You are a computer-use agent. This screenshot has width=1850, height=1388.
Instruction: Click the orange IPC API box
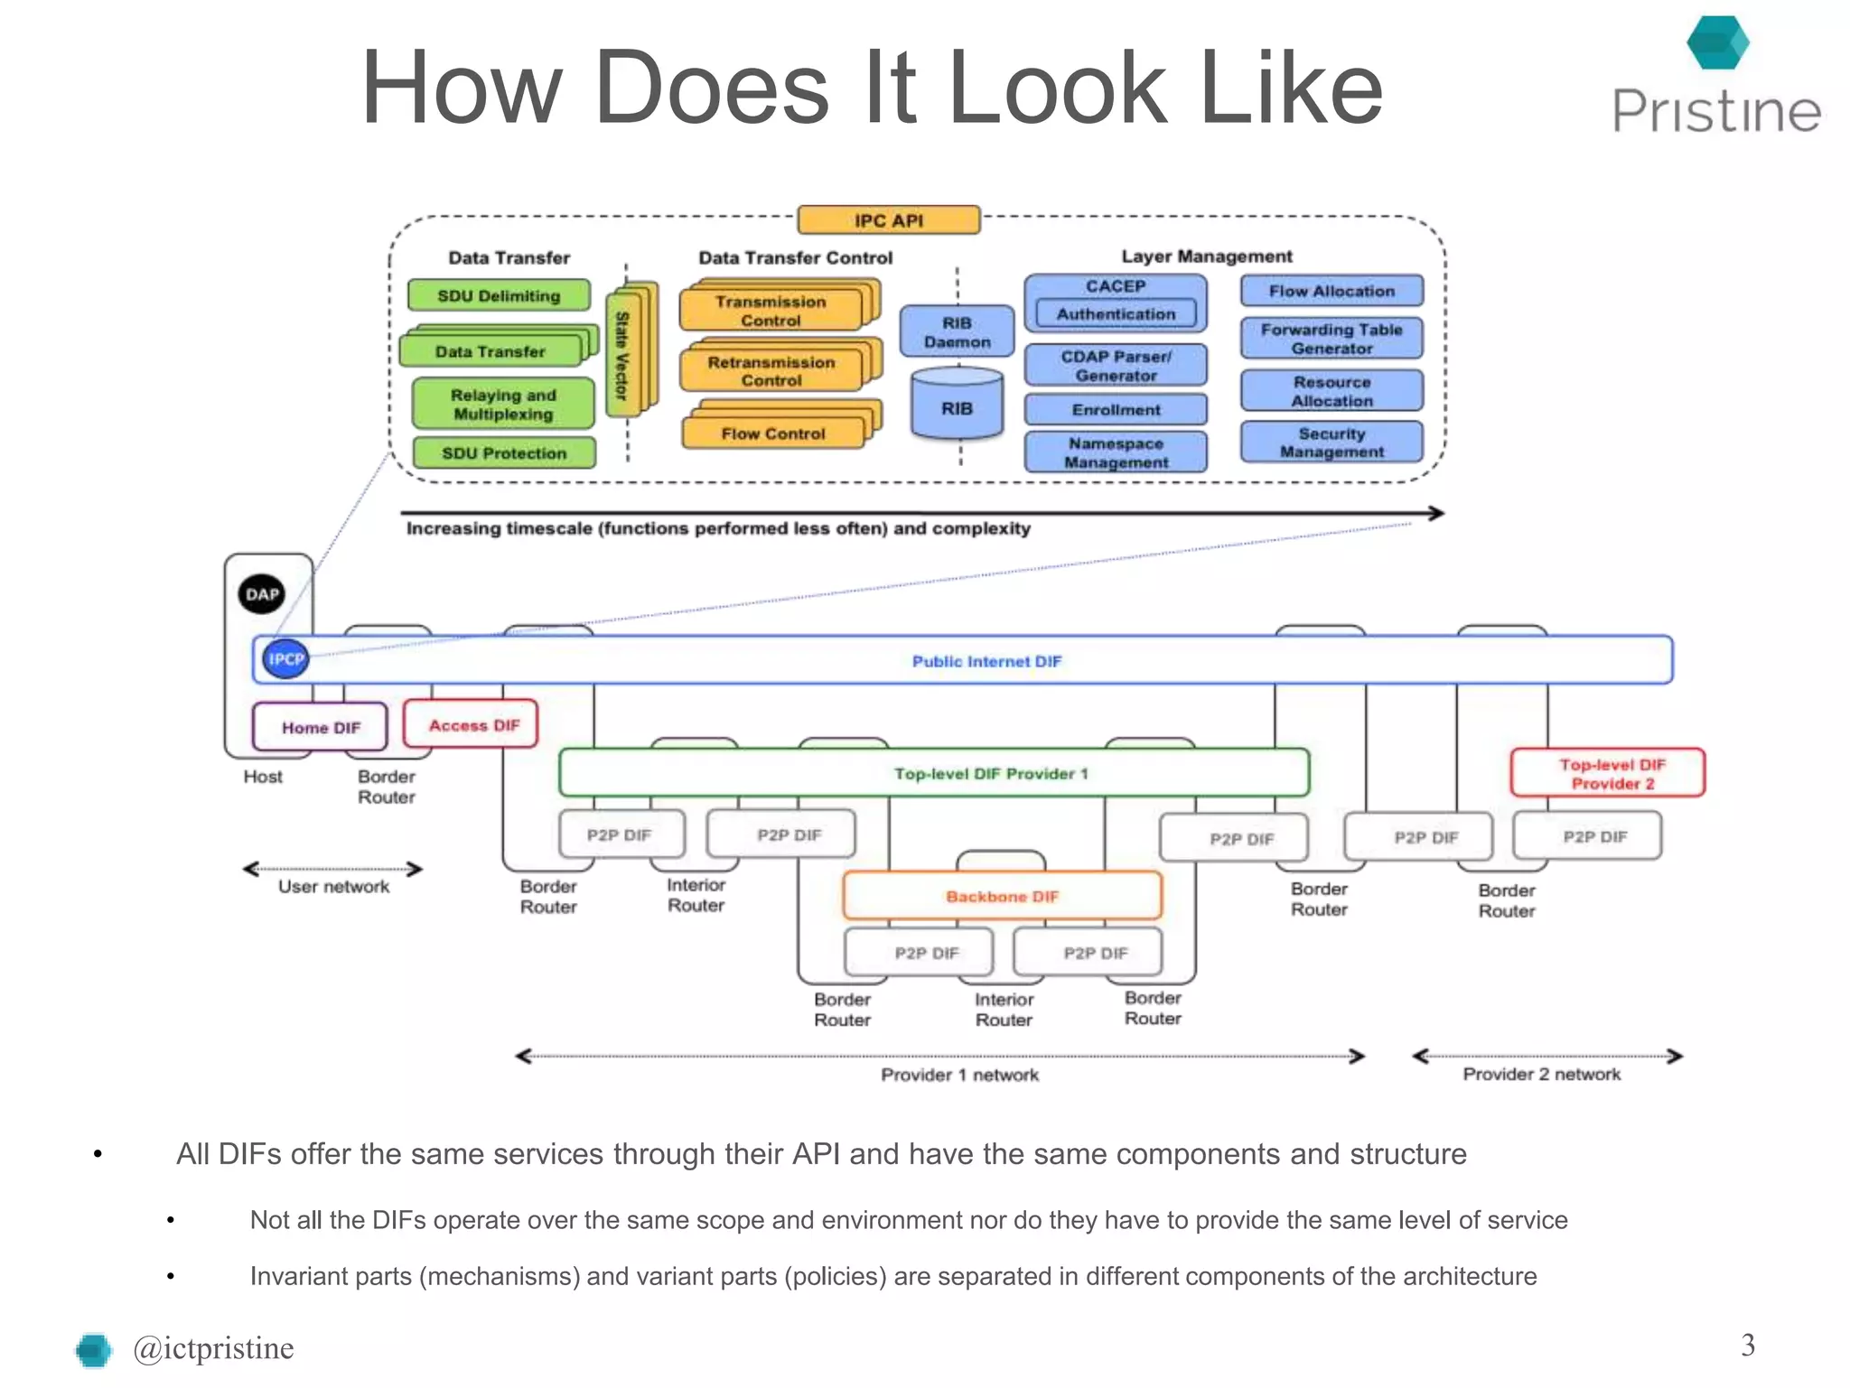coord(889,220)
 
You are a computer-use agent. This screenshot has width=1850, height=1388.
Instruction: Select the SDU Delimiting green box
coord(499,295)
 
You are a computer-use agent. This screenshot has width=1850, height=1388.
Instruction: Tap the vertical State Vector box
coord(622,355)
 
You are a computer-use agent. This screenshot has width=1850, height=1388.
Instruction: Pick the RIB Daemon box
coord(957,331)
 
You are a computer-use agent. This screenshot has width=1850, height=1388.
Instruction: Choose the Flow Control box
coord(772,433)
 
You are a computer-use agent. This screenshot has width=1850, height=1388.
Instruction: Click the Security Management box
coord(1331,442)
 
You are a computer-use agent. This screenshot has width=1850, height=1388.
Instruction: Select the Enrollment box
coord(1116,409)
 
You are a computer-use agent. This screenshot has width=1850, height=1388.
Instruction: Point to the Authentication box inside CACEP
coord(1116,313)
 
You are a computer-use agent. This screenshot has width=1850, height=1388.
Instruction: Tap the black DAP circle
coord(262,593)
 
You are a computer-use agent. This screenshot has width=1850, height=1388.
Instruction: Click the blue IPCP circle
coord(285,658)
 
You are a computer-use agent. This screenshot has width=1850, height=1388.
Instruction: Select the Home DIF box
coord(321,727)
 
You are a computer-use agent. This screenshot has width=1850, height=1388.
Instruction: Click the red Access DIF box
coord(472,724)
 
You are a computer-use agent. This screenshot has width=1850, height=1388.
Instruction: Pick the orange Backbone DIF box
coord(1002,896)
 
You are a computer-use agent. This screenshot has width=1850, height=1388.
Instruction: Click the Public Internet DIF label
coord(986,661)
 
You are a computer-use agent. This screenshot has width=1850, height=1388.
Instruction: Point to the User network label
coord(333,887)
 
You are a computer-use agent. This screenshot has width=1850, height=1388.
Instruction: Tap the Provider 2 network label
coord(1541,1074)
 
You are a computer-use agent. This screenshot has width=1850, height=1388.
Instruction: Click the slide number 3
coord(1747,1345)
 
